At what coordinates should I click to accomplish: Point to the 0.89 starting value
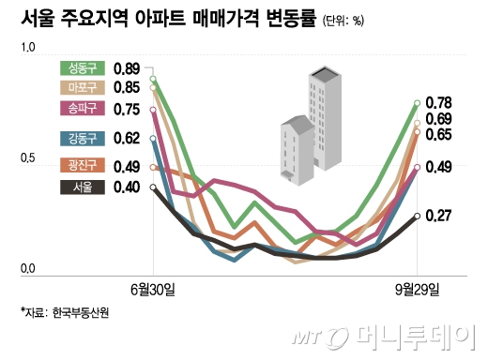[x=126, y=68]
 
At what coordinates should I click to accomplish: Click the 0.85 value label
[x=126, y=88]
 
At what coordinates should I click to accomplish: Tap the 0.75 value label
[x=126, y=109]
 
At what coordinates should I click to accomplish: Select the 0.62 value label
[x=126, y=140]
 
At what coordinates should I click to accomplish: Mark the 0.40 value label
[x=126, y=187]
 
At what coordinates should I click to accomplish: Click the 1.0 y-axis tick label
[x=26, y=47]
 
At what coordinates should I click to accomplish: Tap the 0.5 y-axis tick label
[x=26, y=161]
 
